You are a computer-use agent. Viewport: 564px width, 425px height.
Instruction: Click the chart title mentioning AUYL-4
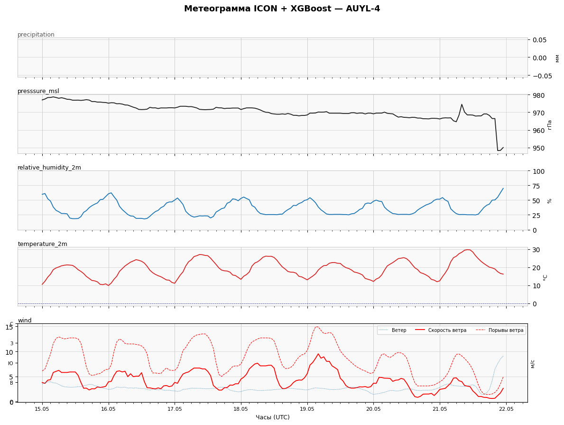[x=282, y=9]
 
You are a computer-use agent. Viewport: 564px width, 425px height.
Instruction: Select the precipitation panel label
[x=36, y=35]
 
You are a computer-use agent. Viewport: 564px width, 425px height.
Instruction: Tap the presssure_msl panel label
[x=38, y=91]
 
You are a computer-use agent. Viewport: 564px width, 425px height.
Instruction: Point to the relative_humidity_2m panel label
[x=49, y=168]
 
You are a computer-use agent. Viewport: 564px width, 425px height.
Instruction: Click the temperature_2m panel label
[x=42, y=244]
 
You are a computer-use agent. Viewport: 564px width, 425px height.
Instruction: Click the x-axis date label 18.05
[x=240, y=409]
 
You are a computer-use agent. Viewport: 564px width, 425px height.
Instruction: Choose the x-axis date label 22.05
[x=506, y=409]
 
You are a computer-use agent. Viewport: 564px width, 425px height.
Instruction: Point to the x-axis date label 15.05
[x=42, y=409]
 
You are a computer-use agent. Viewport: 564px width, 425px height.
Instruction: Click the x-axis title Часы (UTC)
[x=273, y=417]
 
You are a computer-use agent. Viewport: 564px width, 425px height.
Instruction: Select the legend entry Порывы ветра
[x=506, y=331]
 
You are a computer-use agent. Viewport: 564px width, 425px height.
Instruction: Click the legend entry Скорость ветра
[x=447, y=331]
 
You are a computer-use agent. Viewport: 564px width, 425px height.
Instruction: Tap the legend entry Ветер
[x=399, y=331]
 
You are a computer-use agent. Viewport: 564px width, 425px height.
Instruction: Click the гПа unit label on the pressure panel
[x=549, y=124]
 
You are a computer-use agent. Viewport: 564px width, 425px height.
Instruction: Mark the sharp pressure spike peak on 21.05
[x=462, y=104]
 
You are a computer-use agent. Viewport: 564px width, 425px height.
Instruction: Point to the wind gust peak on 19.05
[x=317, y=327]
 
